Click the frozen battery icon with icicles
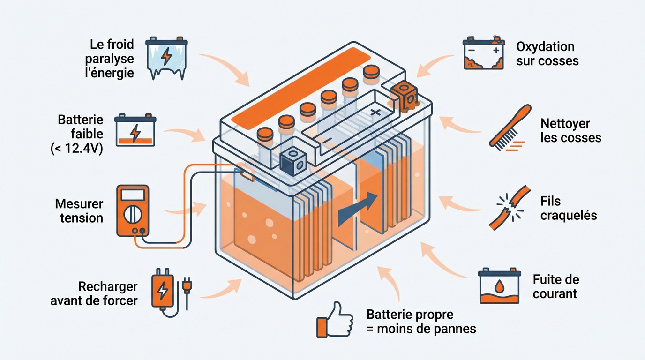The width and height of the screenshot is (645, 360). click(x=166, y=58)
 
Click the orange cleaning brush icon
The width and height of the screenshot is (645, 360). click(x=510, y=127)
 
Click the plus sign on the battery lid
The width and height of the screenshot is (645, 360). click(x=375, y=112)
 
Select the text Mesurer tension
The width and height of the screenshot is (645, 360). click(x=79, y=211)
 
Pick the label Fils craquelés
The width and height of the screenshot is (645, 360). click(x=568, y=208)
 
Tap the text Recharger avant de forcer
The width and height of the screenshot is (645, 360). click(x=94, y=293)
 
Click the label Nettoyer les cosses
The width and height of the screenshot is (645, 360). click(x=570, y=131)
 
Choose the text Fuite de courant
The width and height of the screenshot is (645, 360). click(x=555, y=286)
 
